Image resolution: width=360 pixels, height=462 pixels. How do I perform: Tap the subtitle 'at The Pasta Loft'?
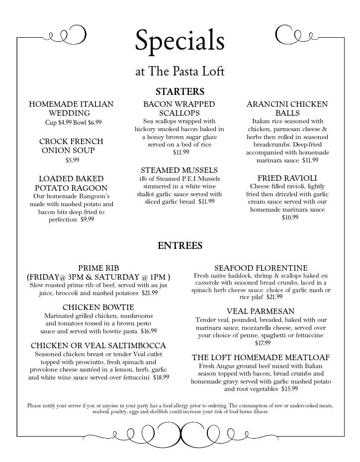tap(180, 72)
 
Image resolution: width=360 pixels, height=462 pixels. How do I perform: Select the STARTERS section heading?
tap(180, 92)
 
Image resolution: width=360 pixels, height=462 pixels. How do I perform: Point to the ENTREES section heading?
tap(180, 245)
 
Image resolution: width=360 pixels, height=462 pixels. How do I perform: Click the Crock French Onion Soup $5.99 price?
tap(72, 160)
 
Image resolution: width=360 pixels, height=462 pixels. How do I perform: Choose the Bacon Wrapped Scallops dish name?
tap(179, 109)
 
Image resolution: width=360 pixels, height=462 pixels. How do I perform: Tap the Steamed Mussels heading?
tap(179, 170)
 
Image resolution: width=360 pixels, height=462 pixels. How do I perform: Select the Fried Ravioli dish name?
tap(287, 178)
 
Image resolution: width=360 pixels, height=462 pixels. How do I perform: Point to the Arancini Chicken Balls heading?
tap(287, 109)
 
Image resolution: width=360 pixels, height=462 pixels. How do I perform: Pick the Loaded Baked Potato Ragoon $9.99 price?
tap(87, 220)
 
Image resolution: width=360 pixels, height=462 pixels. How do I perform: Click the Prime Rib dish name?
tap(98, 268)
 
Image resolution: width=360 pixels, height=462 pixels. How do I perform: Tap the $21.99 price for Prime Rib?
tap(150, 293)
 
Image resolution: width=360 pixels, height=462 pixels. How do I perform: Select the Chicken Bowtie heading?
tap(98, 308)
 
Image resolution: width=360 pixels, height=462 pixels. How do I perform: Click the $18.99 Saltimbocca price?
tap(161, 378)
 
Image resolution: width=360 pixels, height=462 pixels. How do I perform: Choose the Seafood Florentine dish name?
tap(261, 268)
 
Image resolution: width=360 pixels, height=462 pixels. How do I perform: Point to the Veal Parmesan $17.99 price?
tap(263, 343)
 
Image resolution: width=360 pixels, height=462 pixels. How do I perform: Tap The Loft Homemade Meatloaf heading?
tap(261, 357)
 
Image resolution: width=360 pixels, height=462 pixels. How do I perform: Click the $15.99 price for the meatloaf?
tap(289, 389)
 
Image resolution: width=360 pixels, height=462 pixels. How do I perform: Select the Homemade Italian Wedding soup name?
tap(71, 109)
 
